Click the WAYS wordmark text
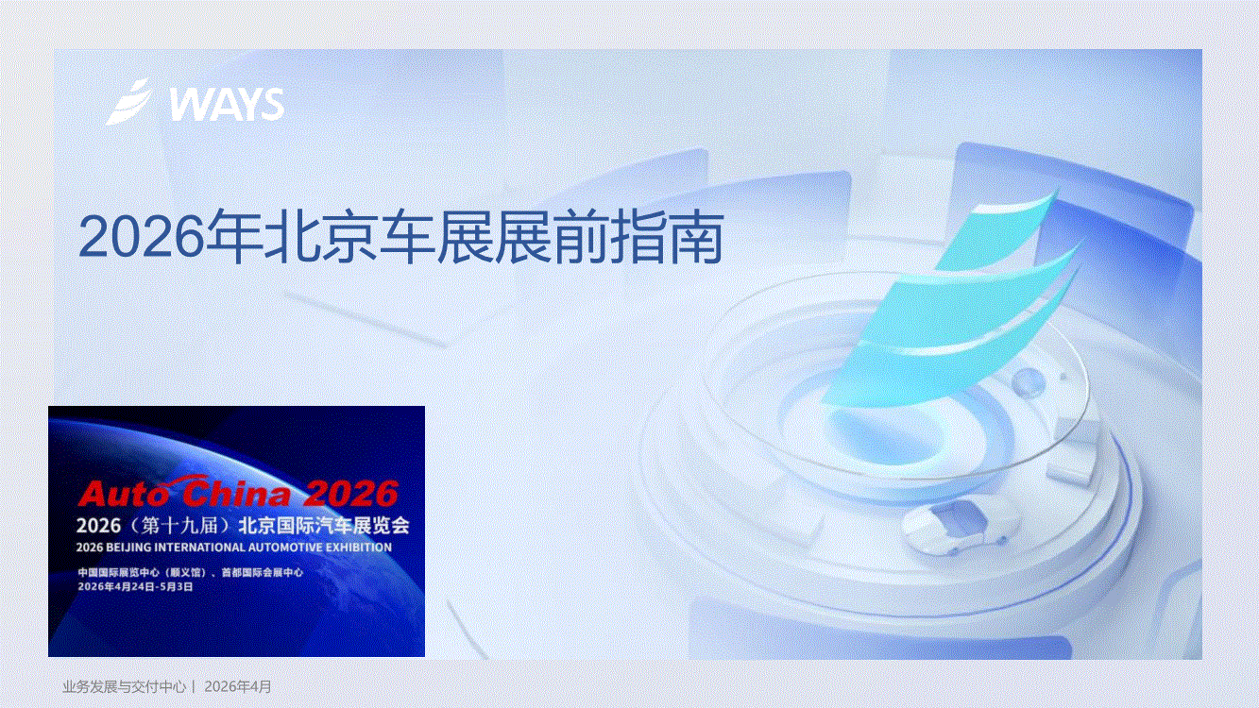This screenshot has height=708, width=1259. (227, 105)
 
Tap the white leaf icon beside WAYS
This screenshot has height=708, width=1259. (130, 102)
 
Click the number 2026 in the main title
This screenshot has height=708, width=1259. (142, 237)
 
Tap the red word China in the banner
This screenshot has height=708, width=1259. (236, 492)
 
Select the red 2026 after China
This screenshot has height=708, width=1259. (350, 494)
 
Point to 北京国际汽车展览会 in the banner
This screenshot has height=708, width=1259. (324, 526)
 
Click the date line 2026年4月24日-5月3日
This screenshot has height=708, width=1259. (135, 586)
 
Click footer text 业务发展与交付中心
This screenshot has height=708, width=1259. (125, 686)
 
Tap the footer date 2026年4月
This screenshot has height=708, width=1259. (238, 686)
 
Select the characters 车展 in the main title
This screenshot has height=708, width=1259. (436, 236)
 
